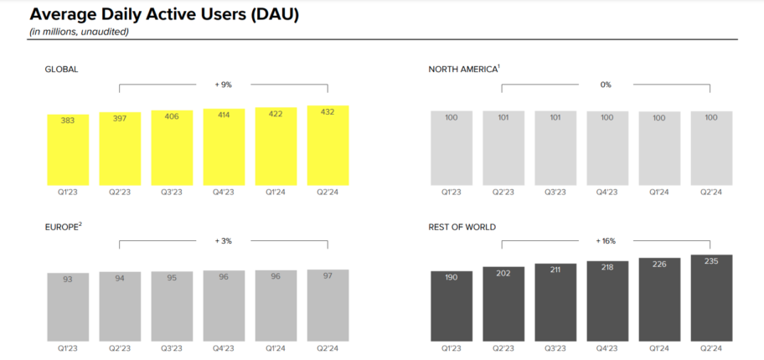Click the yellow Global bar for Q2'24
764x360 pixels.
click(328, 146)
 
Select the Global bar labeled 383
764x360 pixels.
click(68, 150)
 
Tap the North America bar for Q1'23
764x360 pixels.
click(452, 148)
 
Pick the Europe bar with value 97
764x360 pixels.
click(328, 305)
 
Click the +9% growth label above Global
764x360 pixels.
click(223, 84)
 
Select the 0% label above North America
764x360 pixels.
click(606, 84)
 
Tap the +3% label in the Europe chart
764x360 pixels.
click(223, 241)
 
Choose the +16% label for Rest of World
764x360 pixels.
click(606, 241)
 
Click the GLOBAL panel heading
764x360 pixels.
click(61, 69)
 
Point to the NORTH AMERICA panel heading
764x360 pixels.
click(462, 69)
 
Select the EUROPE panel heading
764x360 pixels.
click(62, 226)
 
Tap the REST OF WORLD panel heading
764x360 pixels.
click(462, 226)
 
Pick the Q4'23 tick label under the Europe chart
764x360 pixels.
click(224, 348)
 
